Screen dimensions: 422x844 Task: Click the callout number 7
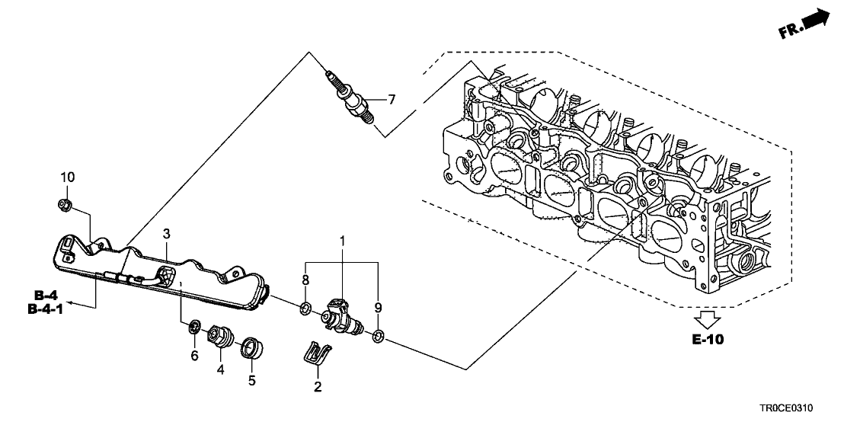click(x=392, y=100)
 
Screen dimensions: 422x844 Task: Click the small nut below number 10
click(x=65, y=203)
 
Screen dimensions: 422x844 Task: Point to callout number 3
click(x=166, y=232)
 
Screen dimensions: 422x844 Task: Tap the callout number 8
click(x=306, y=280)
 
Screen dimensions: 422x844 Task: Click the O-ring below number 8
click(x=305, y=309)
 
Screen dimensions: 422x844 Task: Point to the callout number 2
click(x=318, y=387)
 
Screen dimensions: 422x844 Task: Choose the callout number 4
click(x=221, y=370)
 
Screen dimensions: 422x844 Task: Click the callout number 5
click(x=252, y=379)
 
